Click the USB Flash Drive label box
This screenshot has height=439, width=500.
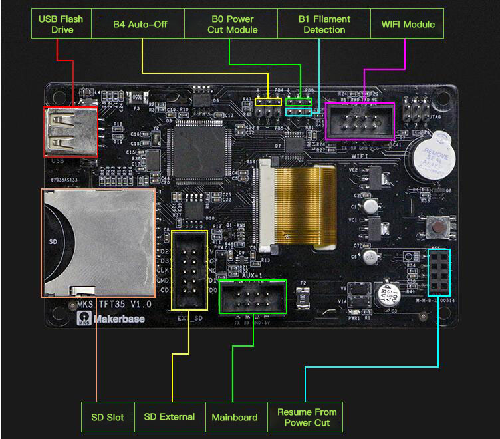tap(61, 24)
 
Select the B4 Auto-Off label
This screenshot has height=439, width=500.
tap(140, 24)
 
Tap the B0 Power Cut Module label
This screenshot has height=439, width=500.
tap(232, 24)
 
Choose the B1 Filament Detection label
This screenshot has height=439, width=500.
tap(324, 24)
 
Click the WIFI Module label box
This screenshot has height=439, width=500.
tap(408, 24)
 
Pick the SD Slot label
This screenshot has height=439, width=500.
tap(108, 417)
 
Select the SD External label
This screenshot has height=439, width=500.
tap(170, 417)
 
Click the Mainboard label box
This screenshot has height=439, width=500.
tap(235, 417)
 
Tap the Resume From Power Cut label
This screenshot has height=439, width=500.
tap(307, 417)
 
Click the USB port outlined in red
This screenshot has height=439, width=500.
tap(70, 132)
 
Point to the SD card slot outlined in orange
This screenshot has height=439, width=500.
tap(98, 242)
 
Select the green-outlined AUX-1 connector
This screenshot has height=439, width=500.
tap(252, 296)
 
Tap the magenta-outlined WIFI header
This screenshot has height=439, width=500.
tap(360, 120)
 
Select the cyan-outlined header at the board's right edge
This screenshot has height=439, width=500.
tap(439, 273)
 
